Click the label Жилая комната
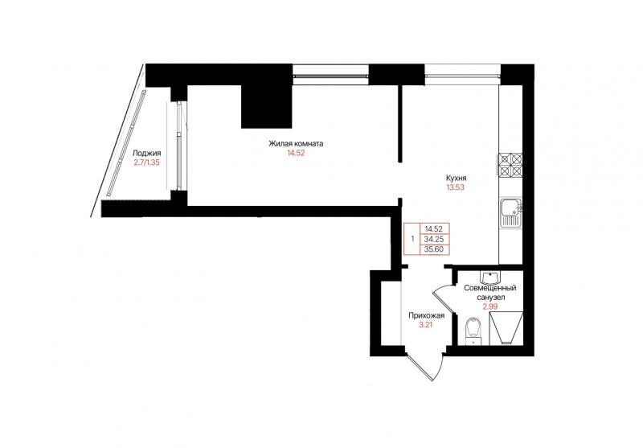[x=296, y=144]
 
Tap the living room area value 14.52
[x=296, y=154]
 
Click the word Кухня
[x=456, y=179]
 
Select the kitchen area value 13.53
[x=456, y=188]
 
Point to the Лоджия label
[x=146, y=154]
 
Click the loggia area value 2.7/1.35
[x=146, y=162]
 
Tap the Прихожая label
[x=427, y=316]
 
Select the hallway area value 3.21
[x=425, y=325]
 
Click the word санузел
[x=490, y=298]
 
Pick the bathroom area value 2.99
[x=490, y=306]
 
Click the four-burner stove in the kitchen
[x=510, y=166]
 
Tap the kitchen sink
[x=510, y=212]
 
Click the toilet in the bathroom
[x=473, y=331]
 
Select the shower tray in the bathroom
[x=506, y=328]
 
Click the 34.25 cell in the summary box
[x=435, y=239]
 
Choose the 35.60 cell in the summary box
[x=435, y=249]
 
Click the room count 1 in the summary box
[x=412, y=239]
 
